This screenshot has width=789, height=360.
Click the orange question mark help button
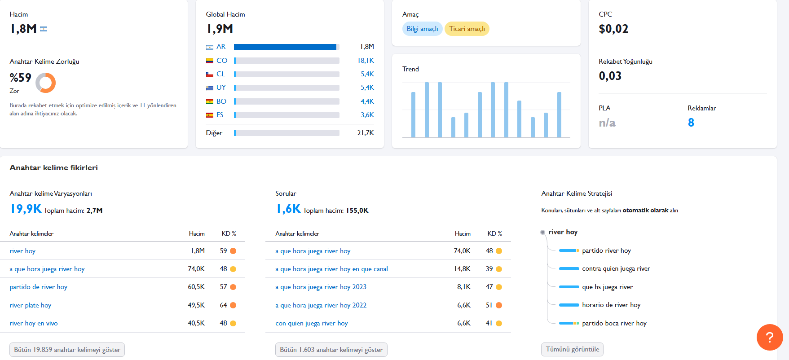click(x=770, y=337)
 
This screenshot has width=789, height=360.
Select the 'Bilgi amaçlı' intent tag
click(x=422, y=29)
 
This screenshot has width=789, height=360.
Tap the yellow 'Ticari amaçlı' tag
click(x=467, y=29)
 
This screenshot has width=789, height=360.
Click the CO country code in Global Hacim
click(x=222, y=61)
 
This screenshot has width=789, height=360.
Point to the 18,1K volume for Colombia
click(x=366, y=61)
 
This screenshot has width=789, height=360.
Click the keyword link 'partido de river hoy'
click(x=39, y=287)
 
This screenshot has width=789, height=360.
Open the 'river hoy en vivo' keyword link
click(x=34, y=323)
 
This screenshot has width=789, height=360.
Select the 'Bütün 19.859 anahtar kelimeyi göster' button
click(x=67, y=350)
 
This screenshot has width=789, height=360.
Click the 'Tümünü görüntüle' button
click(x=573, y=349)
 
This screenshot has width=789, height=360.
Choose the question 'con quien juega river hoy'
click(x=312, y=323)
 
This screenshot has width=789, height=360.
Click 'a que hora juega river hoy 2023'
click(x=321, y=287)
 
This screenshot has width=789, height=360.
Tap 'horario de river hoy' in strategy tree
click(x=611, y=305)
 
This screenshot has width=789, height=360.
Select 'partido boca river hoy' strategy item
click(x=614, y=323)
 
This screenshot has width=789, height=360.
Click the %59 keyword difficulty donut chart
click(x=46, y=83)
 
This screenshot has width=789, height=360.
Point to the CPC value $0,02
click(x=613, y=29)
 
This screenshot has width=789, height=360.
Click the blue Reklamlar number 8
click(x=691, y=123)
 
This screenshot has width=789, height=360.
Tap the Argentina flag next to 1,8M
click(x=44, y=29)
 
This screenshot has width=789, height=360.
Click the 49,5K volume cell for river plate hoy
click(x=196, y=305)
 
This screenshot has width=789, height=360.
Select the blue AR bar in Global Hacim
click(x=285, y=47)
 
